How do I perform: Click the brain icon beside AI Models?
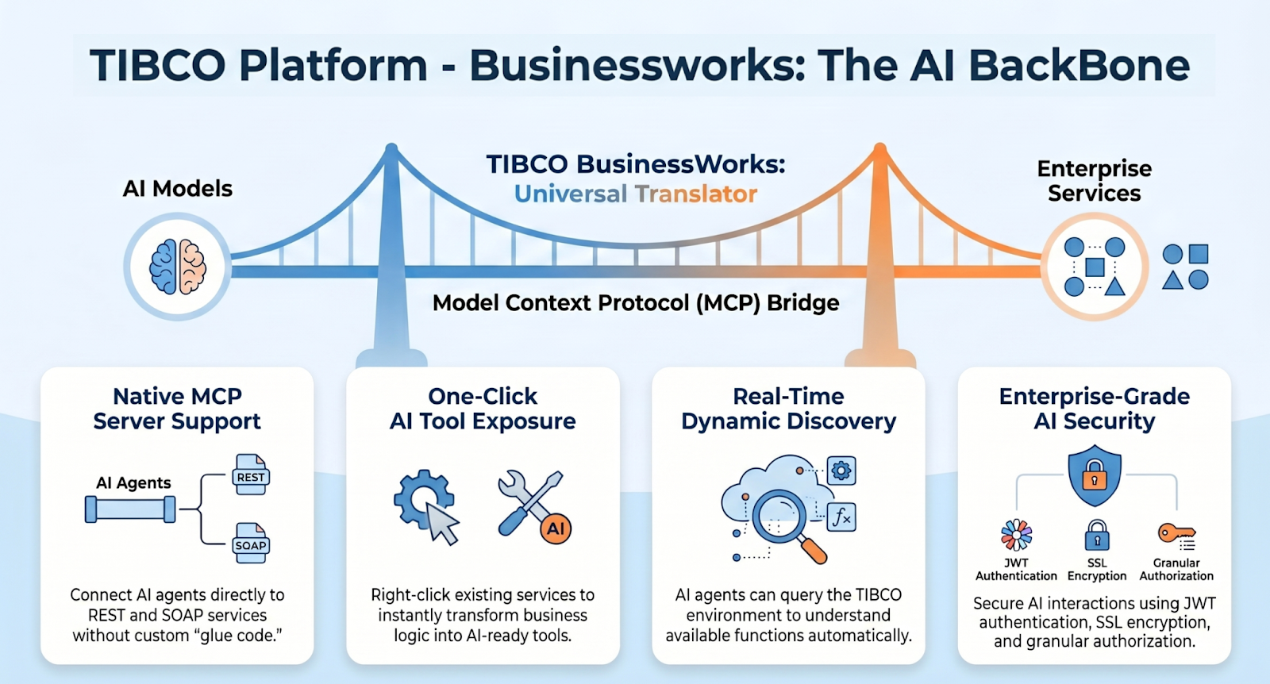(x=178, y=267)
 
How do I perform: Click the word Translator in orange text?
(x=696, y=194)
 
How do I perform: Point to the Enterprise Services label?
(x=1094, y=181)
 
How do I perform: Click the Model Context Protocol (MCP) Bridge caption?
(x=636, y=303)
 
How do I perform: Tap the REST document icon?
(x=251, y=475)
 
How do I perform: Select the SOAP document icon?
(x=251, y=543)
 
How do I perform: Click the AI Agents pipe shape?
(x=130, y=509)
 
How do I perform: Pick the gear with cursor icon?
(x=427, y=505)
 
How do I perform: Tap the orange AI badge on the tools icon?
(x=556, y=528)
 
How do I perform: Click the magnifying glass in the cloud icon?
(x=782, y=517)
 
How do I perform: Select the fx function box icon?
(x=841, y=517)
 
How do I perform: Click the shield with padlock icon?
(x=1095, y=475)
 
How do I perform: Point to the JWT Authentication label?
(x=1016, y=570)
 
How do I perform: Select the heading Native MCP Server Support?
(x=177, y=409)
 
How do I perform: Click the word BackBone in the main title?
(x=1079, y=65)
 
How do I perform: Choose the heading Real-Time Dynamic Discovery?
(x=788, y=409)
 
